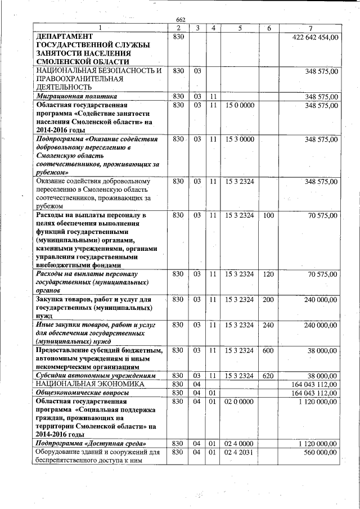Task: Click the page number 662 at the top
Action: (x=180, y=20)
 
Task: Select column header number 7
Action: (x=310, y=28)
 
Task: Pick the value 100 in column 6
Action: (x=268, y=215)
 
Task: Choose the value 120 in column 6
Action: (x=268, y=274)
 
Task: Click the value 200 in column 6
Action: (x=268, y=300)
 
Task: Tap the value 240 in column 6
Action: (x=268, y=325)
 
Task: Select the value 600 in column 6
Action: (x=268, y=350)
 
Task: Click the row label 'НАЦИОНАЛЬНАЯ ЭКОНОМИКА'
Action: (x=89, y=384)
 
